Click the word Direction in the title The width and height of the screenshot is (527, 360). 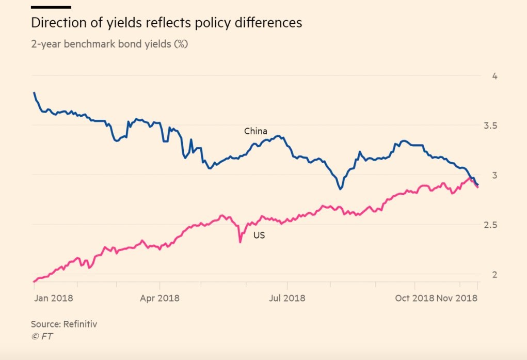point(57,23)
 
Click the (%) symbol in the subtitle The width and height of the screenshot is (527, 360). point(180,44)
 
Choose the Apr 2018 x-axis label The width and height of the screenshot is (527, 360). point(159,298)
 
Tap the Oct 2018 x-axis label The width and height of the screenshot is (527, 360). point(414,298)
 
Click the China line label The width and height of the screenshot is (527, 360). point(255,132)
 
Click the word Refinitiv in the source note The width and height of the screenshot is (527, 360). point(80,324)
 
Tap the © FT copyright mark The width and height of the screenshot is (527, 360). point(42,336)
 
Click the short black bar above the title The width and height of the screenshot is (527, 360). point(51,7)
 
